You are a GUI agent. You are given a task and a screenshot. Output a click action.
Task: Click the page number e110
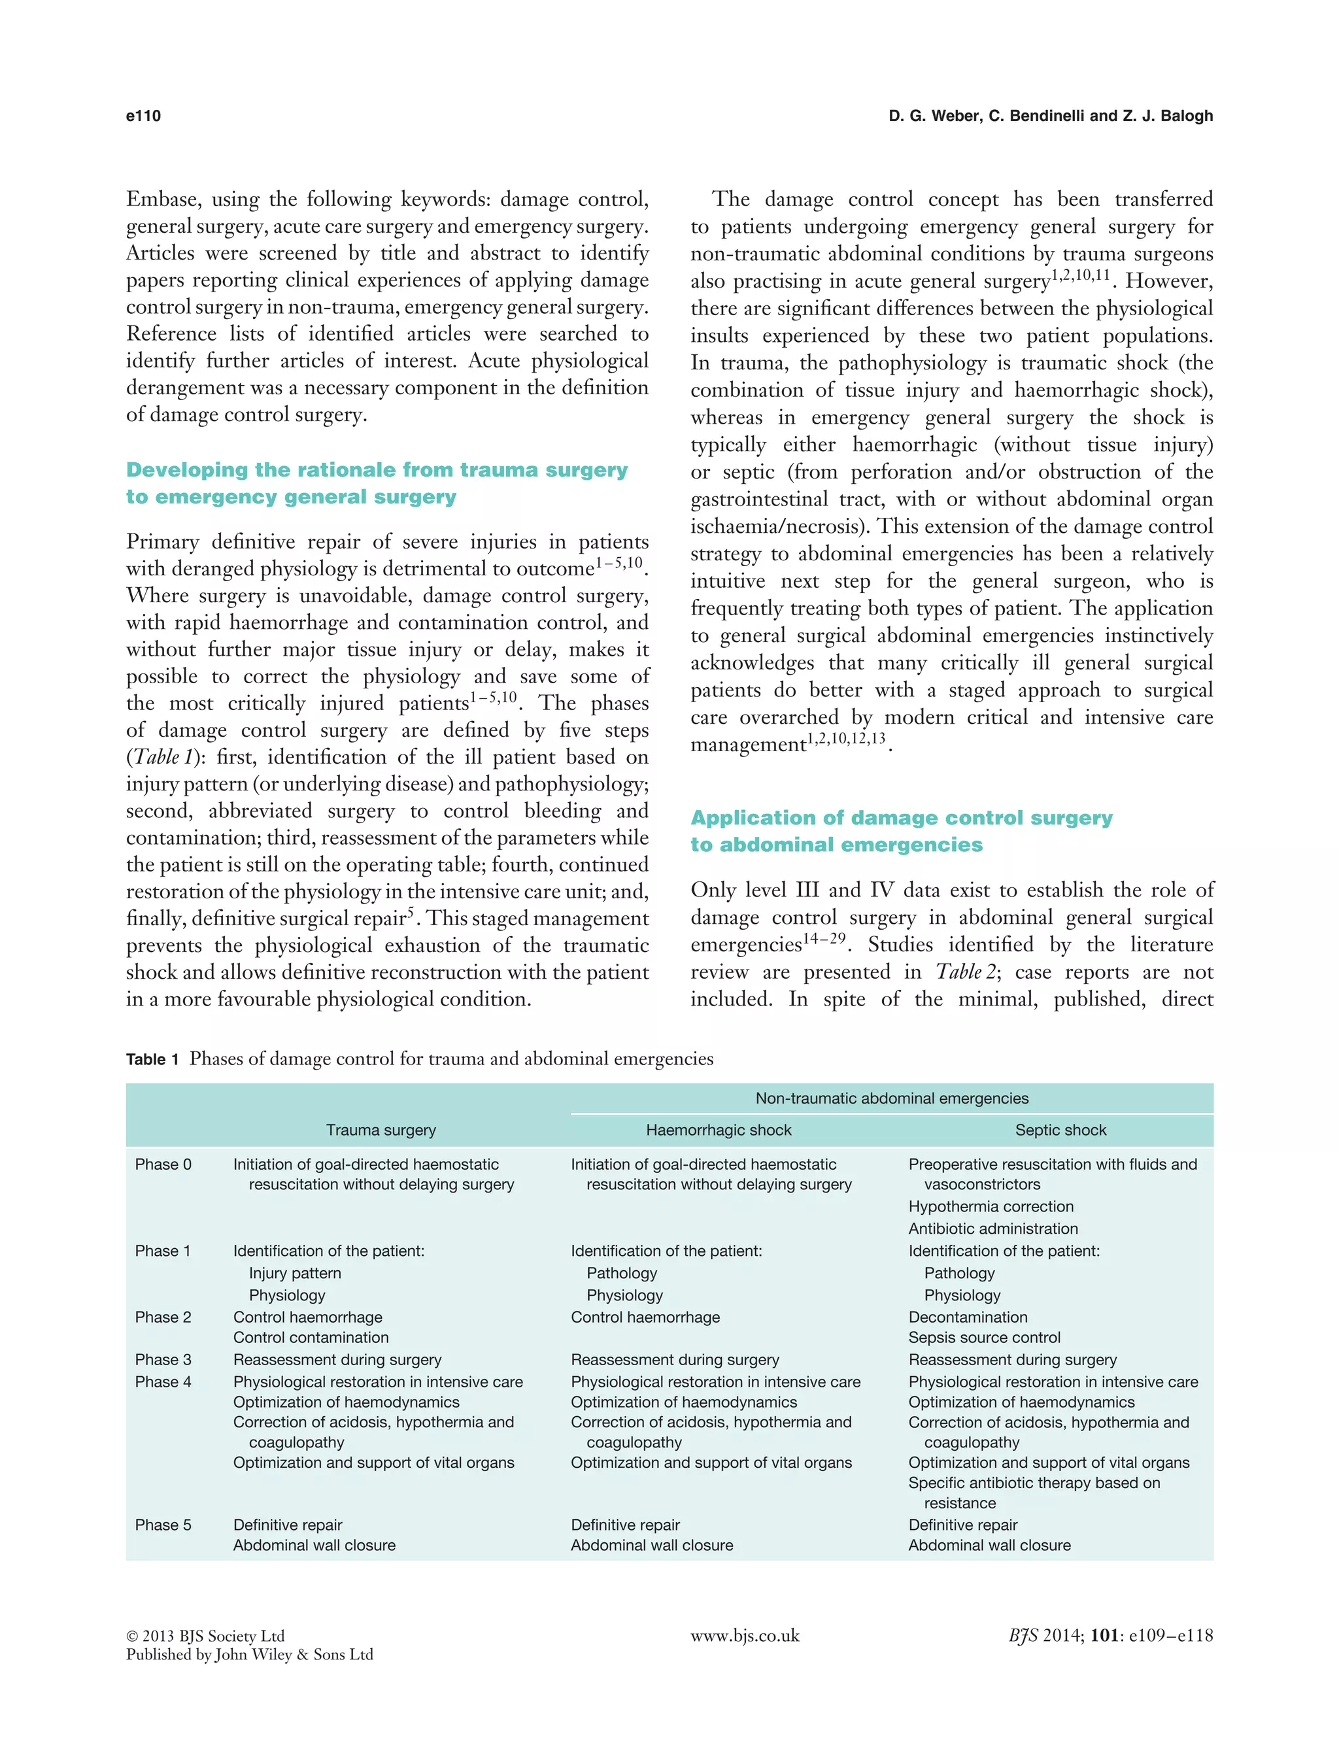point(143,116)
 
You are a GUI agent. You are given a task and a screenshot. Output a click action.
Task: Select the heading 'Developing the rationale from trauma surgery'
point(376,469)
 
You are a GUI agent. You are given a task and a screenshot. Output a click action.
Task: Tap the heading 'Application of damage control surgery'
point(901,818)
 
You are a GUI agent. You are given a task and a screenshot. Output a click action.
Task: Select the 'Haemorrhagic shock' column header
point(718,1130)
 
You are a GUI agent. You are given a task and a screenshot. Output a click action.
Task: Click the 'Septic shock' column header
point(1060,1130)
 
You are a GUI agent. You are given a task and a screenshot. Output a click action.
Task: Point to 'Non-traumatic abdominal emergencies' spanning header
point(891,1098)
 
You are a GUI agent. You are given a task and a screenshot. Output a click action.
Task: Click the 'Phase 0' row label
point(163,1164)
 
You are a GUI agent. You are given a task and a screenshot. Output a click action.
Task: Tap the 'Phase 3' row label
point(163,1359)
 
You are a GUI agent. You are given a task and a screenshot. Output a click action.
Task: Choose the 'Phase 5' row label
point(163,1524)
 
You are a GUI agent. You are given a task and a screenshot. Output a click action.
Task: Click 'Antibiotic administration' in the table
point(992,1228)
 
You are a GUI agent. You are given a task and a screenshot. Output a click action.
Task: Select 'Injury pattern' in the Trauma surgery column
point(294,1273)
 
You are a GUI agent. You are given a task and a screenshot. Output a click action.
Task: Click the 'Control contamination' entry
point(310,1337)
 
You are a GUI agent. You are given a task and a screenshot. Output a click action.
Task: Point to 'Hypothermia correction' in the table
point(990,1206)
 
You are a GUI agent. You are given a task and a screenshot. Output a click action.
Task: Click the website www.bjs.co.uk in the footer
point(745,1636)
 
